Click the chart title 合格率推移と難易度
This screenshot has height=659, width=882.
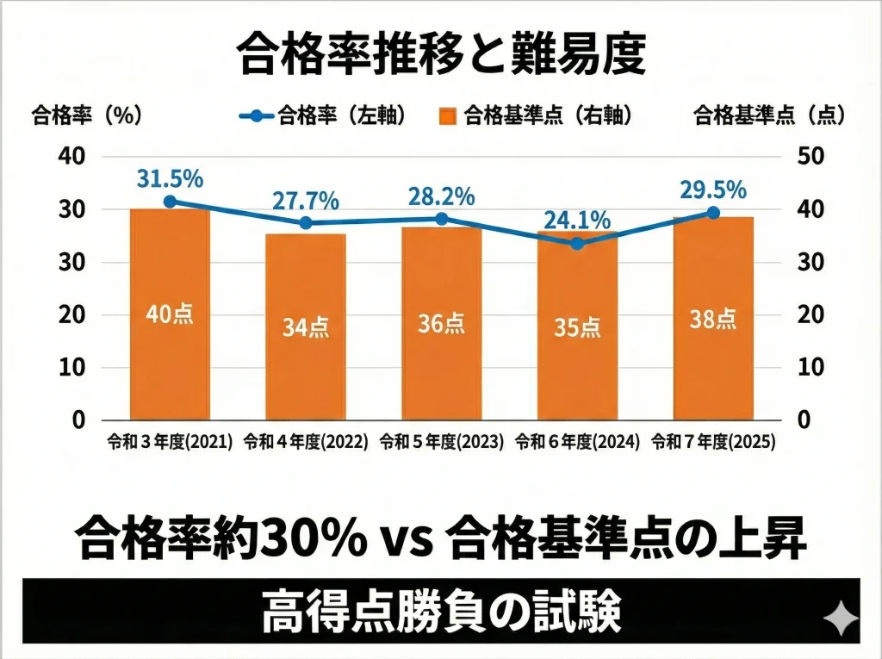point(440,54)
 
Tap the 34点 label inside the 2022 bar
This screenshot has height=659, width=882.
point(306,327)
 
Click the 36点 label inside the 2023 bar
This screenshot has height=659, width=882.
point(441,323)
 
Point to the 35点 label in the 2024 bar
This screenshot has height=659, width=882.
point(577,327)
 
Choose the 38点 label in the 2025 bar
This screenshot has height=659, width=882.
point(712,320)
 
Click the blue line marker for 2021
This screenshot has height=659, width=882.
point(170,202)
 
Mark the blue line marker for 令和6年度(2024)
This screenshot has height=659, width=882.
point(577,244)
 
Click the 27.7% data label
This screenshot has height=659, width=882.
point(306,201)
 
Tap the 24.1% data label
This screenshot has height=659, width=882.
point(577,221)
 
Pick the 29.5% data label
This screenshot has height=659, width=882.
point(712,190)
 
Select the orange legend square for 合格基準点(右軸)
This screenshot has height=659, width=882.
point(447,115)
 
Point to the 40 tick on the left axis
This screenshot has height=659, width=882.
point(71,156)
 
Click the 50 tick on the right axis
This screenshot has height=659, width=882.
point(811,156)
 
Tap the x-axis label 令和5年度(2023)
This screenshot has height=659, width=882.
point(441,442)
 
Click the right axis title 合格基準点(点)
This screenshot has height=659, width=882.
point(769,115)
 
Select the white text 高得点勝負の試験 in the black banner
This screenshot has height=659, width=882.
point(440,612)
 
